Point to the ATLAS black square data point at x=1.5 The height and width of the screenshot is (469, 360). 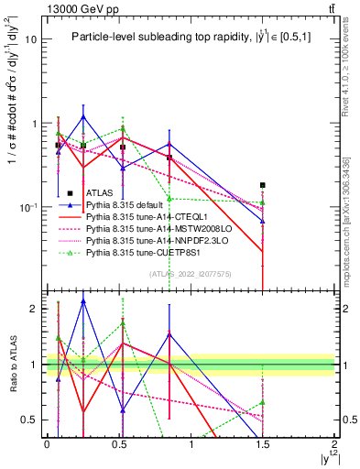(263, 185)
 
